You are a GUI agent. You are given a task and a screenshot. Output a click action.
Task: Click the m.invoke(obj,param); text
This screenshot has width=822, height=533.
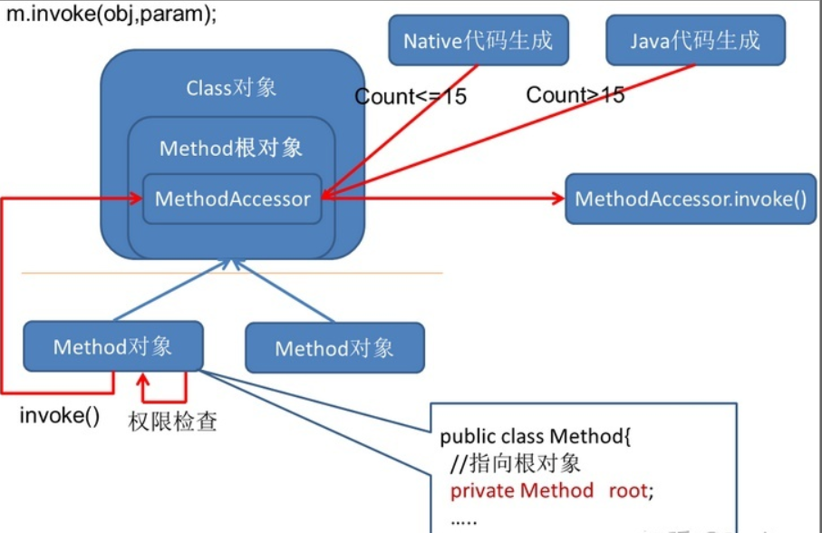coord(111,14)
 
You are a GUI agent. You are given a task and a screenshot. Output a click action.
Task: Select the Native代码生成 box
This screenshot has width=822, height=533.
coord(479,41)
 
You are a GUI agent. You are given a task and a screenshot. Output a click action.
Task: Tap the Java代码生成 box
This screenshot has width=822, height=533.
coord(695,41)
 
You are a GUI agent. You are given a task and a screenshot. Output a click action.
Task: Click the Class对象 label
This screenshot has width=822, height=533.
coord(231,88)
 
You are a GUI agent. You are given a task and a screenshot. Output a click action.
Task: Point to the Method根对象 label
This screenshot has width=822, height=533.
coord(231,149)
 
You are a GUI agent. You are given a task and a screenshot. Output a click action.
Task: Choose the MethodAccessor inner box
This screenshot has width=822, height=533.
coord(232,199)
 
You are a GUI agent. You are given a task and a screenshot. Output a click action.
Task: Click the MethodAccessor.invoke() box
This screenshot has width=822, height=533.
coord(691,199)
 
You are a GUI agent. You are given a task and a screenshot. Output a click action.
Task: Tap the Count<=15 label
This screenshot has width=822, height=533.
coord(411,96)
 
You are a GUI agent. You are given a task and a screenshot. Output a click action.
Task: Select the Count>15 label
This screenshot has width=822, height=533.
coord(575,95)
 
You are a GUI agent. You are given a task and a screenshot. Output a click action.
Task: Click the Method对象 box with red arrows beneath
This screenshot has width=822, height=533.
coord(113,346)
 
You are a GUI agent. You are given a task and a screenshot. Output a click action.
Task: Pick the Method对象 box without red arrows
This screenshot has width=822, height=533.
coord(335,348)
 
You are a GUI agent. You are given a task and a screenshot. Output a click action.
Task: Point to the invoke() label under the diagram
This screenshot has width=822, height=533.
coord(59,415)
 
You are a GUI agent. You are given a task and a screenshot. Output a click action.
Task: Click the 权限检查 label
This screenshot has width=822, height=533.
coord(172,422)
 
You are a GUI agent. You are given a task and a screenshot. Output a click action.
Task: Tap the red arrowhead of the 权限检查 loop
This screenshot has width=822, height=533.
coord(142,380)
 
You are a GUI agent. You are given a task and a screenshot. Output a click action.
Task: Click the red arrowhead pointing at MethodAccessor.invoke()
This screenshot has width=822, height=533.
coord(557,199)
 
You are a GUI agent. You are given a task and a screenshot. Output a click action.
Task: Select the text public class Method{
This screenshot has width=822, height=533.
coord(536,436)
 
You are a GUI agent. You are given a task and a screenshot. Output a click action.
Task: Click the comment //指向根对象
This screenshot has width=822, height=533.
coord(516,463)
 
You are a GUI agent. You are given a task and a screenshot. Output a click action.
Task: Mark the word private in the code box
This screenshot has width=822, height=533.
coord(483,491)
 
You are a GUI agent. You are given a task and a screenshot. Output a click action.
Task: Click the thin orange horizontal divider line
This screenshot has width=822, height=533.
coord(232,273)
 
